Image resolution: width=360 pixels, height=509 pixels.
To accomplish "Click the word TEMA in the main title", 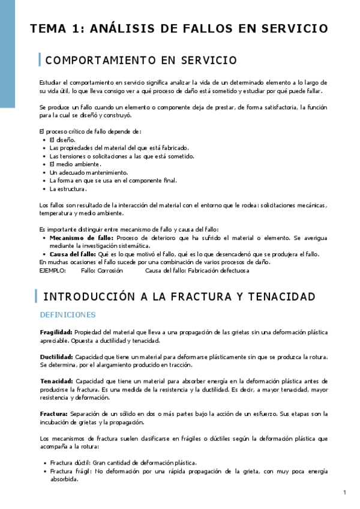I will tap(49, 29).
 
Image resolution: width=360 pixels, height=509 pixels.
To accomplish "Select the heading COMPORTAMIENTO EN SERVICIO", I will tap(141, 61).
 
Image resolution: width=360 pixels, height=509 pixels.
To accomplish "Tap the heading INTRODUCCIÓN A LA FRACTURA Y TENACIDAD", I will tap(179, 297).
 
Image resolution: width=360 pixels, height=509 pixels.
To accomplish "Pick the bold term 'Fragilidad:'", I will tap(56, 332).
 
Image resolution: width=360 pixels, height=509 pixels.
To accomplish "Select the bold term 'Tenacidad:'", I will tap(56, 381).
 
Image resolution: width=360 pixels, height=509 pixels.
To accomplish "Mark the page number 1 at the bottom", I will tap(345, 493).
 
